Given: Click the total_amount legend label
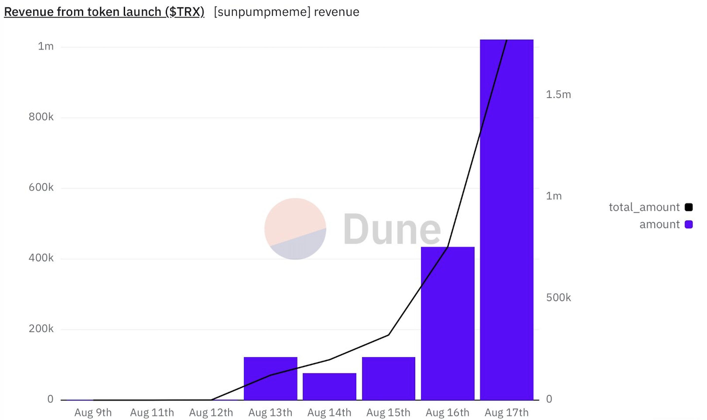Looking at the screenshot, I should pos(644,207).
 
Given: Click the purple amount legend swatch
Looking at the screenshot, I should pos(689,224).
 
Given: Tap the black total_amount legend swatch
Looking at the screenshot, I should pos(689,207).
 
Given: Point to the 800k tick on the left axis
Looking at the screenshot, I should pos(41,117).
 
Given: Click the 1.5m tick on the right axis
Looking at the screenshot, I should pos(558,94).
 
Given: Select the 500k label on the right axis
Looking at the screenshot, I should pos(558,297).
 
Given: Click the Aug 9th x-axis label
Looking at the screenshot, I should pos(93,412).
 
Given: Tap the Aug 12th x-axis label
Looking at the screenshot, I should pos(211,412).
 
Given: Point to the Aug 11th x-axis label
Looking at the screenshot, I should pos(152,412).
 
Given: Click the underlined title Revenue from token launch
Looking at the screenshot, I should pos(104,12).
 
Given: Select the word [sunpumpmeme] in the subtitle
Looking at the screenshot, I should pos(262,12).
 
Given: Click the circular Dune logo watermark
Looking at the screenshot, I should pos(295,229).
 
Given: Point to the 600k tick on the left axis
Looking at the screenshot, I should pos(41,187).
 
